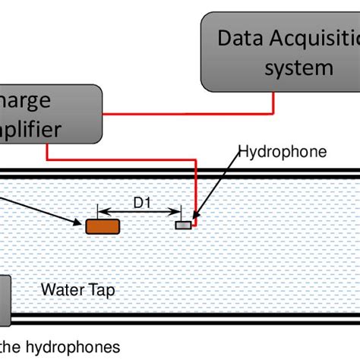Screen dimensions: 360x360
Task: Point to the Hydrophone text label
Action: [283, 152]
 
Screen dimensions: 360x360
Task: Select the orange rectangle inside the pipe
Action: [103, 226]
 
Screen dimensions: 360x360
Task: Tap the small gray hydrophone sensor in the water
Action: [184, 225]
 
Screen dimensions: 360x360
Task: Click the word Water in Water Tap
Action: [60, 289]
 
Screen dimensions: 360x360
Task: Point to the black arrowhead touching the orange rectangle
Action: [79, 222]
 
